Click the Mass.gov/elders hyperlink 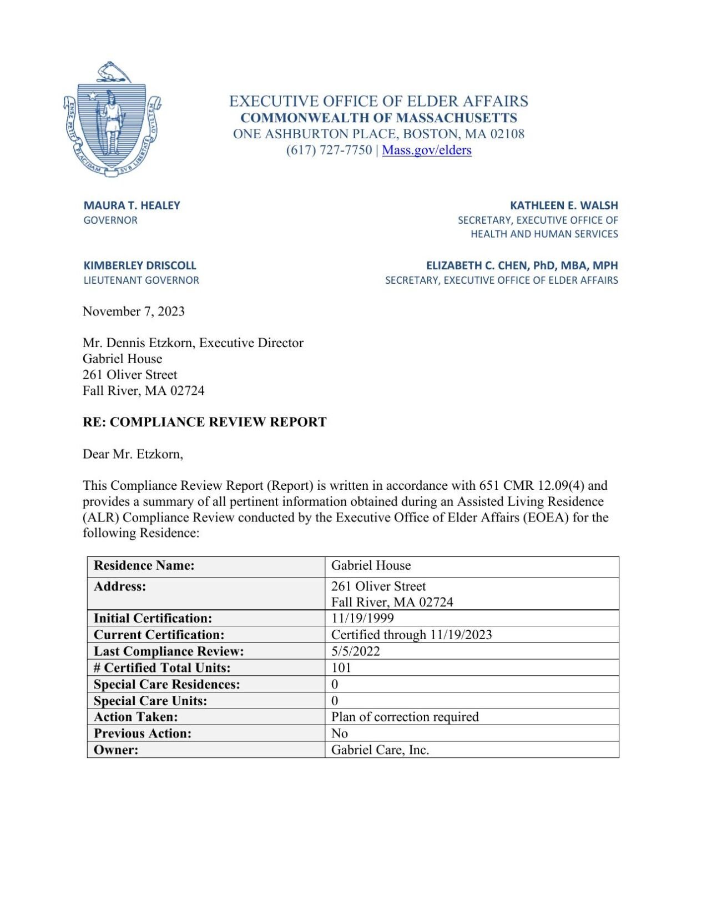click(x=426, y=150)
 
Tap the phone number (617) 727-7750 click(x=329, y=150)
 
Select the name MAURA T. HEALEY click(x=132, y=205)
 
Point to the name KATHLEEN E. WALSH click(x=563, y=205)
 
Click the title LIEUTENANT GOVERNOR click(x=141, y=280)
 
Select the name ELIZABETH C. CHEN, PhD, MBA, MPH click(x=522, y=265)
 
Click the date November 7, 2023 click(x=133, y=312)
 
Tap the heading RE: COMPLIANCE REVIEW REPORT click(x=204, y=422)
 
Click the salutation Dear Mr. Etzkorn click(x=133, y=454)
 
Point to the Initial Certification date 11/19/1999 click(x=362, y=618)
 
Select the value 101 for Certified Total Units click(x=341, y=667)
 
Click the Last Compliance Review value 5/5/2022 click(x=355, y=651)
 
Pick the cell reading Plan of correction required click(x=405, y=717)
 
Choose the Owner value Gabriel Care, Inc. click(x=380, y=750)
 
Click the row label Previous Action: click(x=143, y=734)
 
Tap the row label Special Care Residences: click(x=166, y=684)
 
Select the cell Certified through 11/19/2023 click(x=411, y=635)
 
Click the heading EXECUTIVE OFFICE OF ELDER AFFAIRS click(x=378, y=101)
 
